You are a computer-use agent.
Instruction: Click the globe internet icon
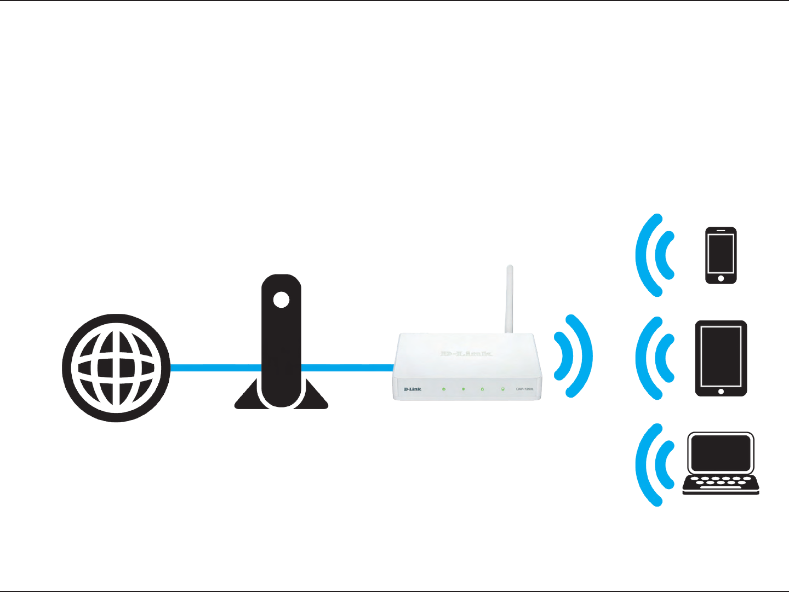pyautogui.click(x=116, y=368)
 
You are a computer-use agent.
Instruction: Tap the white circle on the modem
pyautogui.click(x=281, y=300)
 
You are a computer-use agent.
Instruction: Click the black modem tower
pyautogui.click(x=281, y=350)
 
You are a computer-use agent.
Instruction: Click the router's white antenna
pyautogui.click(x=509, y=298)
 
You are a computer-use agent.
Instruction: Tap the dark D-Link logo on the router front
pyautogui.click(x=413, y=389)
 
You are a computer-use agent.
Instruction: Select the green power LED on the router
pyautogui.click(x=444, y=389)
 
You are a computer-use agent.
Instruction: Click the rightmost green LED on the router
pyautogui.click(x=502, y=389)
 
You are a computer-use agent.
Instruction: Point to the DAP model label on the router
pyautogui.click(x=524, y=389)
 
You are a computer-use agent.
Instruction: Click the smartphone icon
pyautogui.click(x=721, y=255)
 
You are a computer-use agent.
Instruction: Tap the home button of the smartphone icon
pyautogui.click(x=721, y=279)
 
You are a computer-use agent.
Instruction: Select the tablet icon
pyautogui.click(x=721, y=358)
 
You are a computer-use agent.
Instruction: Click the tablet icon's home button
pyautogui.click(x=721, y=392)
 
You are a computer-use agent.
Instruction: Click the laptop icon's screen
pyautogui.click(x=721, y=453)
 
